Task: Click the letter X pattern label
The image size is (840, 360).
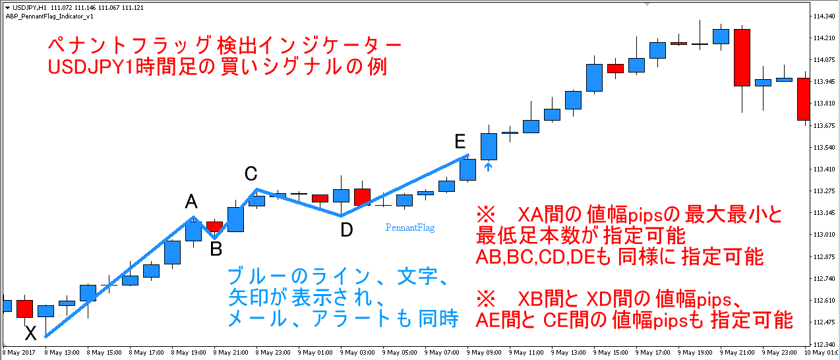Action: coord(31,333)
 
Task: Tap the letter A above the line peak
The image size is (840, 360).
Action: coord(191,201)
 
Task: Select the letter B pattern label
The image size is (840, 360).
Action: coord(216,249)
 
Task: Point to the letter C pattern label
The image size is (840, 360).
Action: coord(251,173)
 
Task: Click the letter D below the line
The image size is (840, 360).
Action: coord(347,229)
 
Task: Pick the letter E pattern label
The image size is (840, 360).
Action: coord(460,141)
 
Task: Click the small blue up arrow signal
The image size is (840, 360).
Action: coord(488,166)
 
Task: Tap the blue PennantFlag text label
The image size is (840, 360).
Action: coord(410,227)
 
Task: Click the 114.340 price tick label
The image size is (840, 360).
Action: coord(824,16)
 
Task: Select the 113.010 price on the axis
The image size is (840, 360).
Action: coord(824,235)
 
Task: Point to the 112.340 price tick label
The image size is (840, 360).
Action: coord(824,344)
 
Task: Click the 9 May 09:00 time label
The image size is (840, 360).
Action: coord(484,353)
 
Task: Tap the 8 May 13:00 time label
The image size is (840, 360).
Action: coord(62,353)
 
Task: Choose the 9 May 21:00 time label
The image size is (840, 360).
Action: coord(737,353)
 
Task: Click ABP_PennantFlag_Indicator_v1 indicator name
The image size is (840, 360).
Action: coord(49,16)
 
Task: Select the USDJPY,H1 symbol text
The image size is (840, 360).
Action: coord(29,7)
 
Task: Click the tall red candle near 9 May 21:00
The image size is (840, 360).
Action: coord(742,58)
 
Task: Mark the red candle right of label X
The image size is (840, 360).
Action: coord(25,309)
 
